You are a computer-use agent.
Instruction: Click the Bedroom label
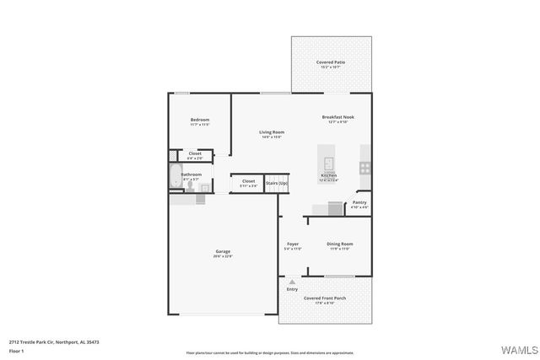tap(199, 121)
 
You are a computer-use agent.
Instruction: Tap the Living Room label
tap(271, 132)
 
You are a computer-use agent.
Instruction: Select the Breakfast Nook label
tap(337, 117)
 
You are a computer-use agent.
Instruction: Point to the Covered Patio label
tap(331, 62)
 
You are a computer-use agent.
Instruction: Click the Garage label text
tap(223, 251)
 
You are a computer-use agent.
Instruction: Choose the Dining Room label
tap(340, 244)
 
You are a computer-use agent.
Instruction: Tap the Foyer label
tap(293, 244)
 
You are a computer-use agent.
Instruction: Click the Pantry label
tap(359, 202)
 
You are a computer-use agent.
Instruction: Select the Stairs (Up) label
tap(277, 183)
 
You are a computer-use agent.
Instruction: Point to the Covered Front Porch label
tap(325, 298)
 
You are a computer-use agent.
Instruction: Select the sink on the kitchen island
tap(328, 163)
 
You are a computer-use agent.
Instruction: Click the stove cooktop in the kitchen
tap(365, 167)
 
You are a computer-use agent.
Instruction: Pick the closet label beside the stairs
tap(248, 180)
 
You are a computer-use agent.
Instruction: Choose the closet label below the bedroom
tap(194, 153)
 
